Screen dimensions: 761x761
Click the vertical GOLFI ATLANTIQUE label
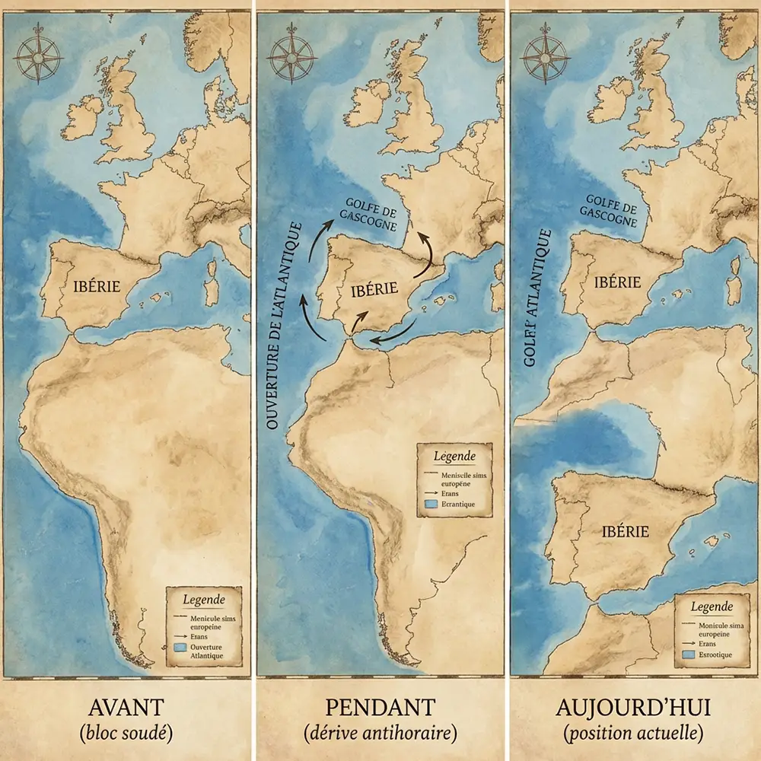[x=537, y=297]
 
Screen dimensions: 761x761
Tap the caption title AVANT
[x=125, y=708]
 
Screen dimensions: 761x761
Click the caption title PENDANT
[x=380, y=708]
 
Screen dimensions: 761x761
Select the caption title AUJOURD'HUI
[x=633, y=708]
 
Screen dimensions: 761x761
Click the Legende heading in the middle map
[x=454, y=457]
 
